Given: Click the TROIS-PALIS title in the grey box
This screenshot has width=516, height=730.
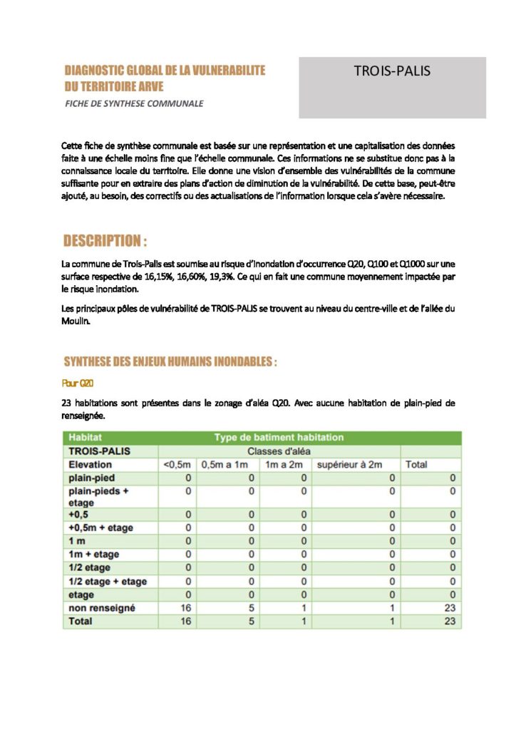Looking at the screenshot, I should pyautogui.click(x=392, y=71).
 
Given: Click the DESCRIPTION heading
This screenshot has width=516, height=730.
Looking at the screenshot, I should pyautogui.click(x=105, y=240).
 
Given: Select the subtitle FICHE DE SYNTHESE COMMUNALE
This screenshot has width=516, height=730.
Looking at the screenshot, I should pyautogui.click(x=134, y=103).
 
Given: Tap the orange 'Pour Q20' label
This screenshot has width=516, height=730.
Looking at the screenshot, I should pyautogui.click(x=78, y=383).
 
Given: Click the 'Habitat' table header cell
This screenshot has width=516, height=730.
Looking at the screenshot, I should pyautogui.click(x=86, y=438).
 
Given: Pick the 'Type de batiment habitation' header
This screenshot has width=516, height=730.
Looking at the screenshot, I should pyautogui.click(x=279, y=438).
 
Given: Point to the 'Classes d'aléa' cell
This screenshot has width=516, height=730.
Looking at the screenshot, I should pyautogui.click(x=279, y=451).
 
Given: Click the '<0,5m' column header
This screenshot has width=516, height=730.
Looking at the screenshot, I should pyautogui.click(x=177, y=465).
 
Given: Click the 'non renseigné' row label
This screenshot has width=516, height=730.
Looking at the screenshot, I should pyautogui.click(x=101, y=608).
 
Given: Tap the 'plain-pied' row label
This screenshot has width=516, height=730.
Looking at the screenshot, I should pyautogui.click(x=91, y=478).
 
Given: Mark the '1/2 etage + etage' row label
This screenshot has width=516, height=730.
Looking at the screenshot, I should pyautogui.click(x=107, y=581).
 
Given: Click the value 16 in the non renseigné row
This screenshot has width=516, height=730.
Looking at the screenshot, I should pyautogui.click(x=187, y=608).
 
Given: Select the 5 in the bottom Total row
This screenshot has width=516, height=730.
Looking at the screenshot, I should pyautogui.click(x=251, y=622).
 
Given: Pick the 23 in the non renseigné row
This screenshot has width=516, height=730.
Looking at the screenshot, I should pyautogui.click(x=450, y=608).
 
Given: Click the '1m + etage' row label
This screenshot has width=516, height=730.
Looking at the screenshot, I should pyautogui.click(x=93, y=554).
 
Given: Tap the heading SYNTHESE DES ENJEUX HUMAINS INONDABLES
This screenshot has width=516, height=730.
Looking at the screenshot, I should pyautogui.click(x=170, y=362).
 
